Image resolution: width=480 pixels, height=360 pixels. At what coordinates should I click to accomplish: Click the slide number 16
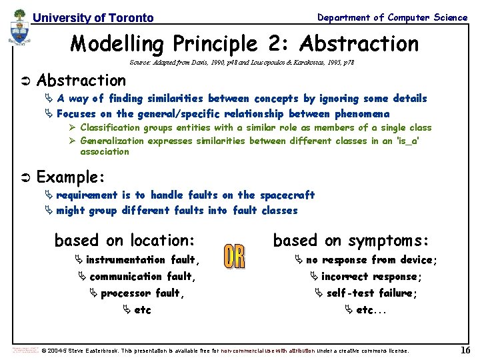click(x=465, y=351)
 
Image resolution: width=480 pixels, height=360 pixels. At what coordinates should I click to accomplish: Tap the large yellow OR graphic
click(x=234, y=257)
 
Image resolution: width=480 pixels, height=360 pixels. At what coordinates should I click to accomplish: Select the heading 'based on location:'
click(x=124, y=240)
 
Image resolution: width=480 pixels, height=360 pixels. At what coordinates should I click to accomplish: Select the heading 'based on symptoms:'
click(x=351, y=240)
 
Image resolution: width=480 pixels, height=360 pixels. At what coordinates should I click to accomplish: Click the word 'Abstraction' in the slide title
click(x=359, y=44)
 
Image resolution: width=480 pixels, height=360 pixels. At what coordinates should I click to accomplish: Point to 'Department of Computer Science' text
click(x=392, y=17)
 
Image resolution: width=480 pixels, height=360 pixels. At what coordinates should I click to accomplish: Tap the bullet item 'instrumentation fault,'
click(x=143, y=260)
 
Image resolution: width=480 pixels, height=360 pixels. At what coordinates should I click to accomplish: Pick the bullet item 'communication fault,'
click(x=142, y=277)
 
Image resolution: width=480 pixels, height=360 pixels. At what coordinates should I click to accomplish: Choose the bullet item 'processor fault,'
click(x=142, y=293)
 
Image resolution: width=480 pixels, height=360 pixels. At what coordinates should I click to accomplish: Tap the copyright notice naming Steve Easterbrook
click(x=225, y=351)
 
